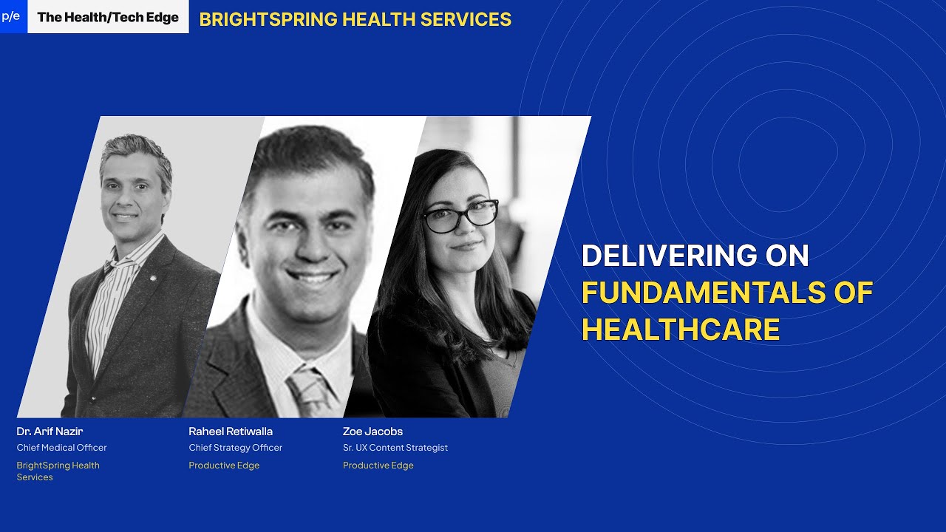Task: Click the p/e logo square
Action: click(x=12, y=16)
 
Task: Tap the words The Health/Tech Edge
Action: click(x=108, y=17)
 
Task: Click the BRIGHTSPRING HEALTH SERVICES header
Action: click(x=355, y=19)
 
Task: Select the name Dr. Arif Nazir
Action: click(x=50, y=432)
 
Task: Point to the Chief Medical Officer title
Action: click(x=62, y=448)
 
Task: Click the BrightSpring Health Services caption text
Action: click(x=58, y=471)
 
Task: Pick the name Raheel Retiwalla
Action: click(x=231, y=432)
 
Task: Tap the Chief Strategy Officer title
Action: click(x=235, y=448)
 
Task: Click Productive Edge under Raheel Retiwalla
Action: click(x=224, y=465)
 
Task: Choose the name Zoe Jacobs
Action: click(x=372, y=432)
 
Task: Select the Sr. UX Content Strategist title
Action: click(x=395, y=448)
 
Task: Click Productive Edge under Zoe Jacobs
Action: click(x=378, y=465)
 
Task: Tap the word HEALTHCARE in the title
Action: click(x=681, y=330)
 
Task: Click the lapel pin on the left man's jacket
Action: click(x=153, y=279)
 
